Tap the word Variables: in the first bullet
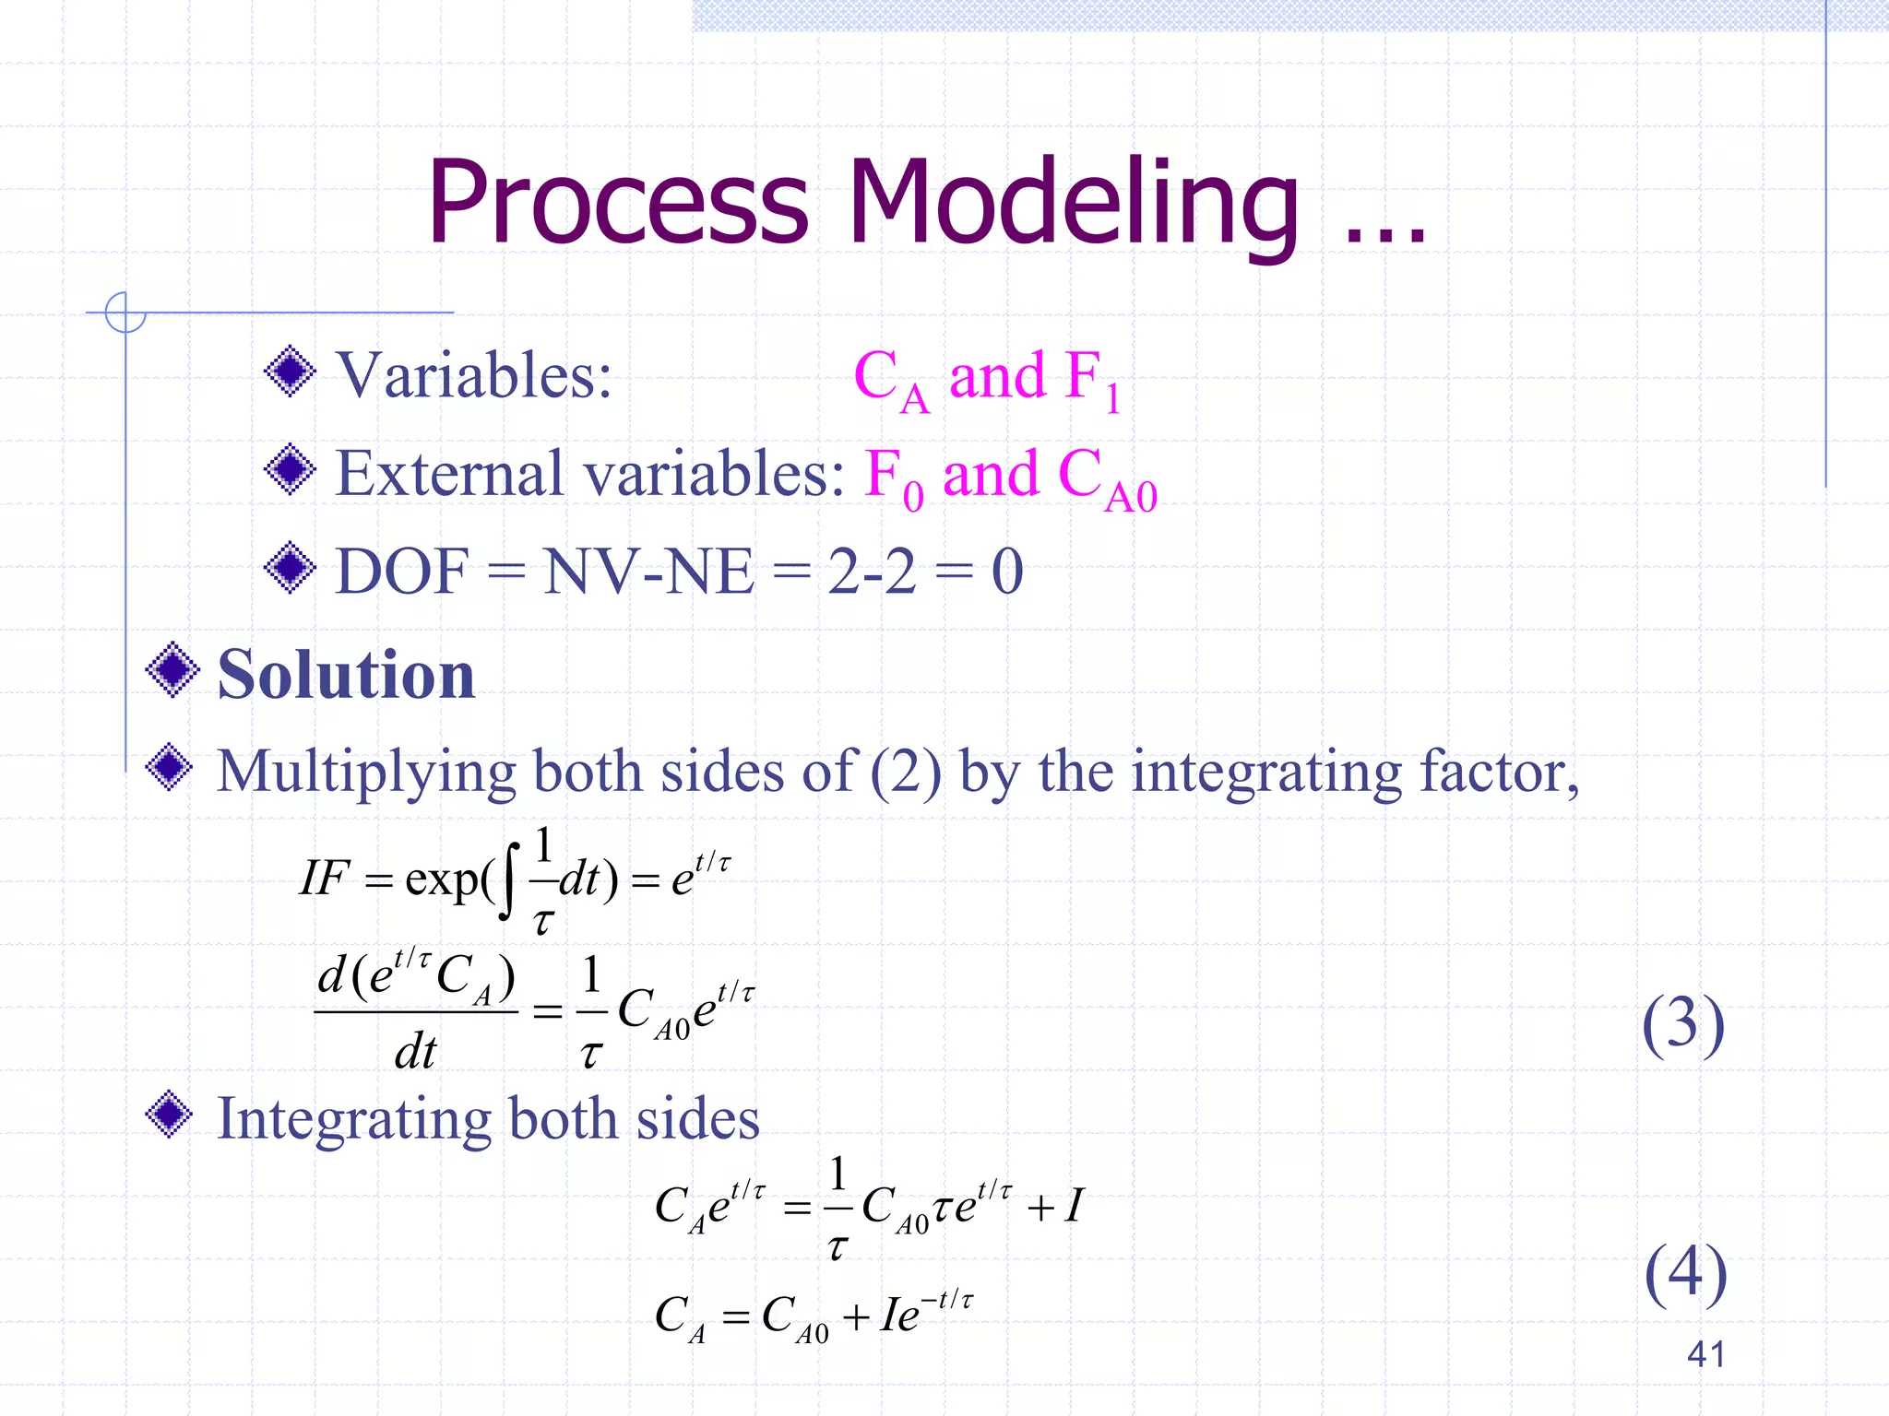pyautogui.click(x=473, y=376)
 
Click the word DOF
pyautogui.click(x=402, y=572)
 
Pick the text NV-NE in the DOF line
pyautogui.click(x=648, y=572)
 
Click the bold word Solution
pyautogui.click(x=346, y=675)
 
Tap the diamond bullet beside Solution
pyautogui.click(x=172, y=670)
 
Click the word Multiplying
pyautogui.click(x=365, y=771)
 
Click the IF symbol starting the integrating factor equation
pyautogui.click(x=325, y=878)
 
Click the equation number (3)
pyautogui.click(x=1682, y=1024)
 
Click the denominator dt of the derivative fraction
pyautogui.click(x=415, y=1051)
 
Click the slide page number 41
pyautogui.click(x=1705, y=1354)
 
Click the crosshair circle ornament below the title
pyautogui.click(x=125, y=313)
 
